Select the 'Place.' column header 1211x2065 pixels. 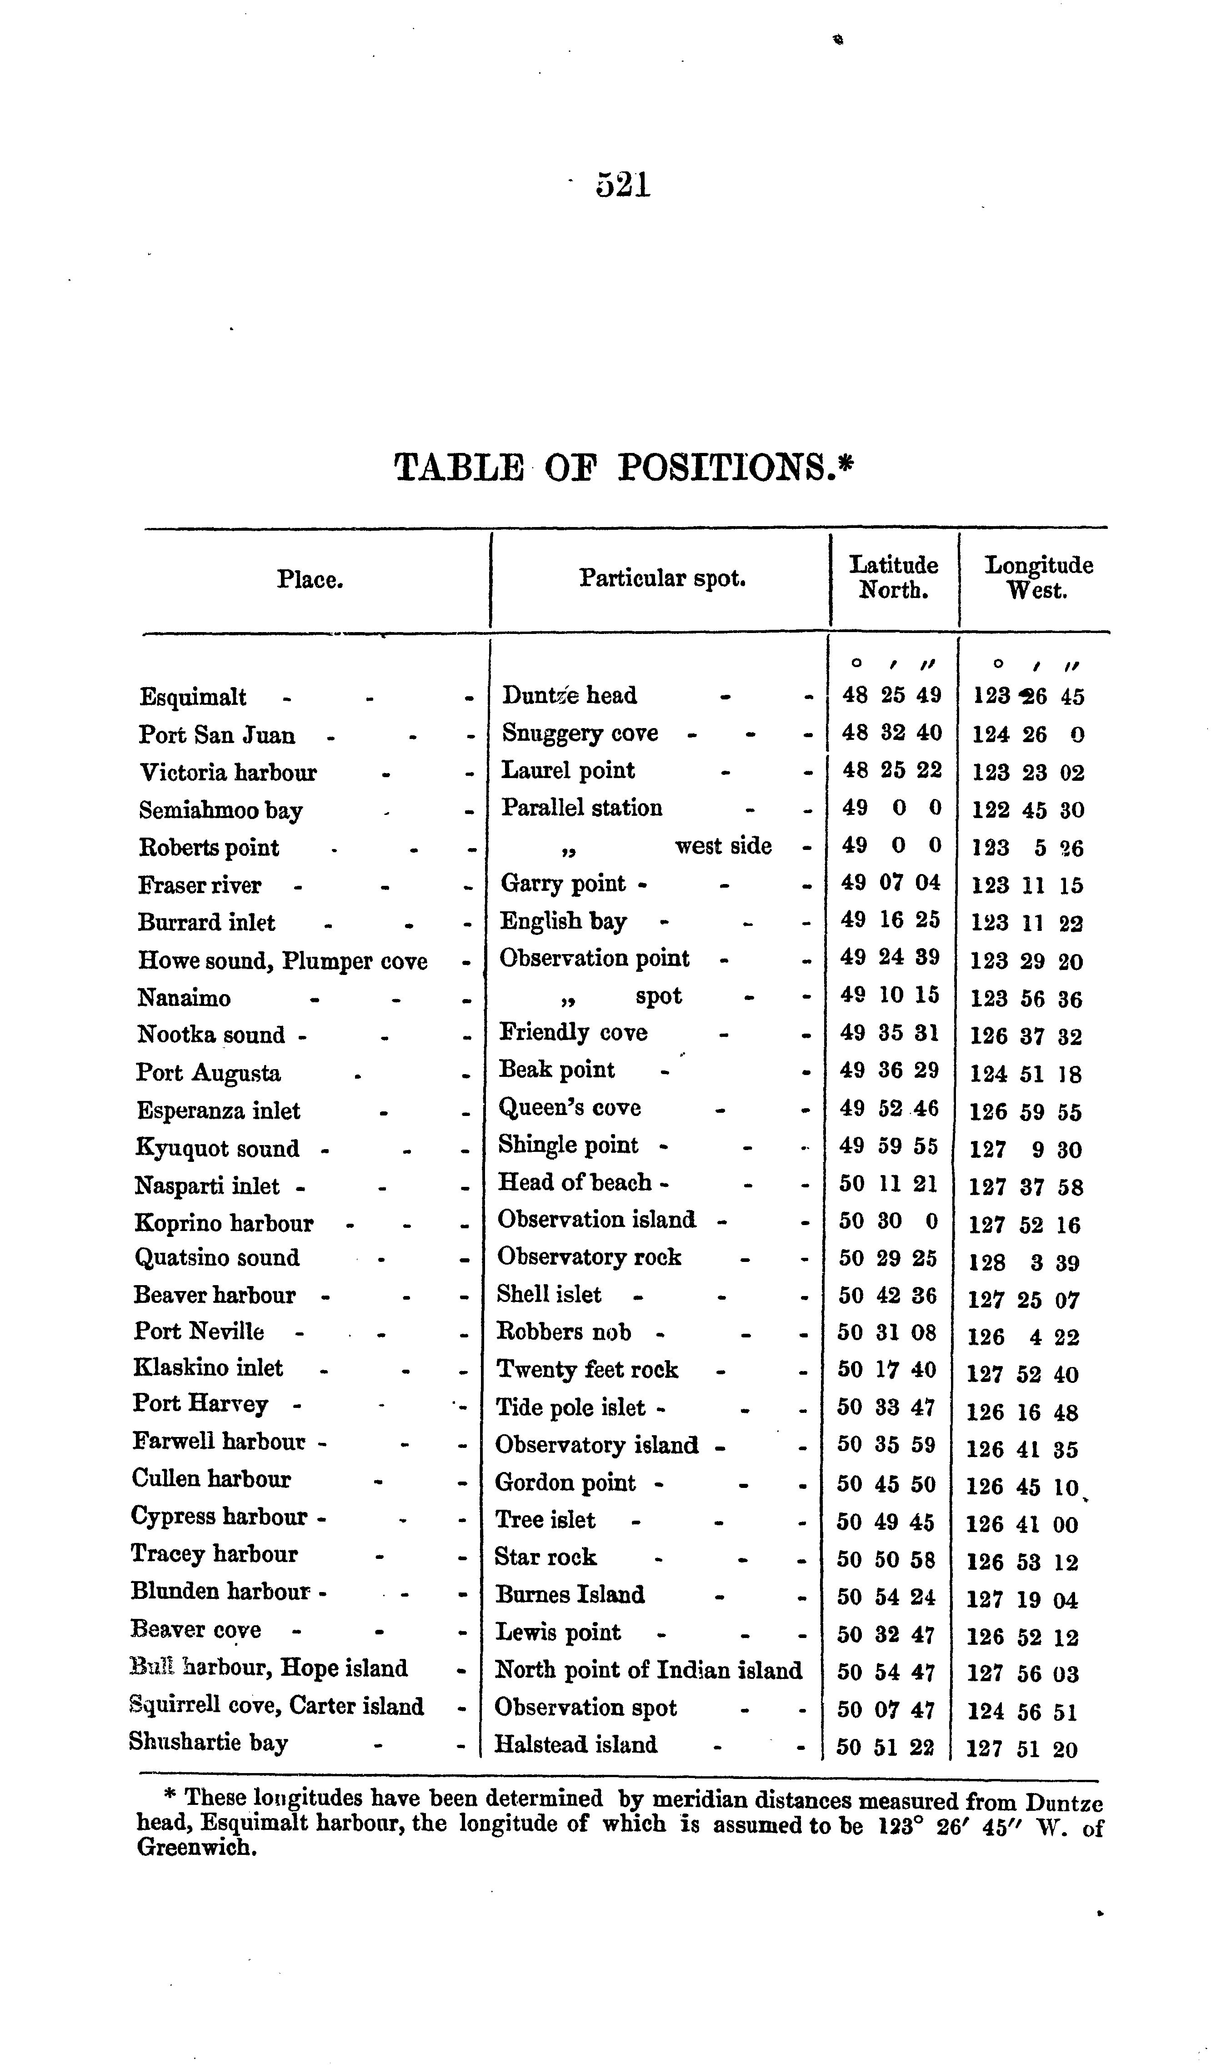pos(310,580)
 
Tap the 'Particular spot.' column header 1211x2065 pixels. pos(662,578)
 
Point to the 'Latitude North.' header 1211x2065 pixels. pos(893,577)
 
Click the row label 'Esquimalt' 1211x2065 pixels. pos(193,697)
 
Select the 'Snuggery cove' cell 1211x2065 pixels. pos(580,734)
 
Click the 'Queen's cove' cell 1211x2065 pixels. pos(570,1108)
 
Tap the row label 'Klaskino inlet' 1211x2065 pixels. pos(208,1368)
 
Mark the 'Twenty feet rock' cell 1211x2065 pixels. pos(587,1369)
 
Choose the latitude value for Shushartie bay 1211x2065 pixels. pos(885,1748)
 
